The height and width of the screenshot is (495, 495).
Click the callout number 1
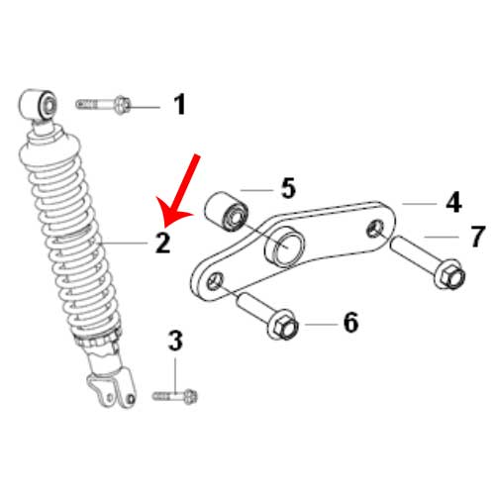[x=180, y=104]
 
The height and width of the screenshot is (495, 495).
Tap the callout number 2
[x=162, y=243]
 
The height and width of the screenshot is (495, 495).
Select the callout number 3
[x=175, y=341]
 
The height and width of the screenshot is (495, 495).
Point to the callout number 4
[x=453, y=202]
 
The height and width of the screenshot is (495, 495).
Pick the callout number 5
[x=288, y=188]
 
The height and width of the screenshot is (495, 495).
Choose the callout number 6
[x=350, y=322]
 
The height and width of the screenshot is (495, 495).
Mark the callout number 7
[x=477, y=237]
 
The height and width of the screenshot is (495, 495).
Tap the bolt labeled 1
[x=103, y=105]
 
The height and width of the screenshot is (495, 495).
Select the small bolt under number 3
[x=175, y=396]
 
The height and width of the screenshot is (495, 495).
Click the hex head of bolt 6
[x=283, y=325]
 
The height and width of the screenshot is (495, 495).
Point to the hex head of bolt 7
[x=449, y=274]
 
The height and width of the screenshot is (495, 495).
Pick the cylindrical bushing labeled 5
[x=227, y=212]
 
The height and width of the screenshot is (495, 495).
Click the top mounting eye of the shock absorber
[x=38, y=104]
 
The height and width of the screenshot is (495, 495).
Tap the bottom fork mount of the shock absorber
[x=112, y=390]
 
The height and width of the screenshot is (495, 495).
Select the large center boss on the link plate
[x=285, y=247]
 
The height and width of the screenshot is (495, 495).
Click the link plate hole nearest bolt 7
[x=375, y=229]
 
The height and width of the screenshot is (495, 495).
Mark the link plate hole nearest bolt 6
[x=215, y=281]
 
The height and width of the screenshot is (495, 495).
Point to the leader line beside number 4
[x=420, y=204]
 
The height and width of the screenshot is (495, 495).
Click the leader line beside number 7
[x=442, y=237]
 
